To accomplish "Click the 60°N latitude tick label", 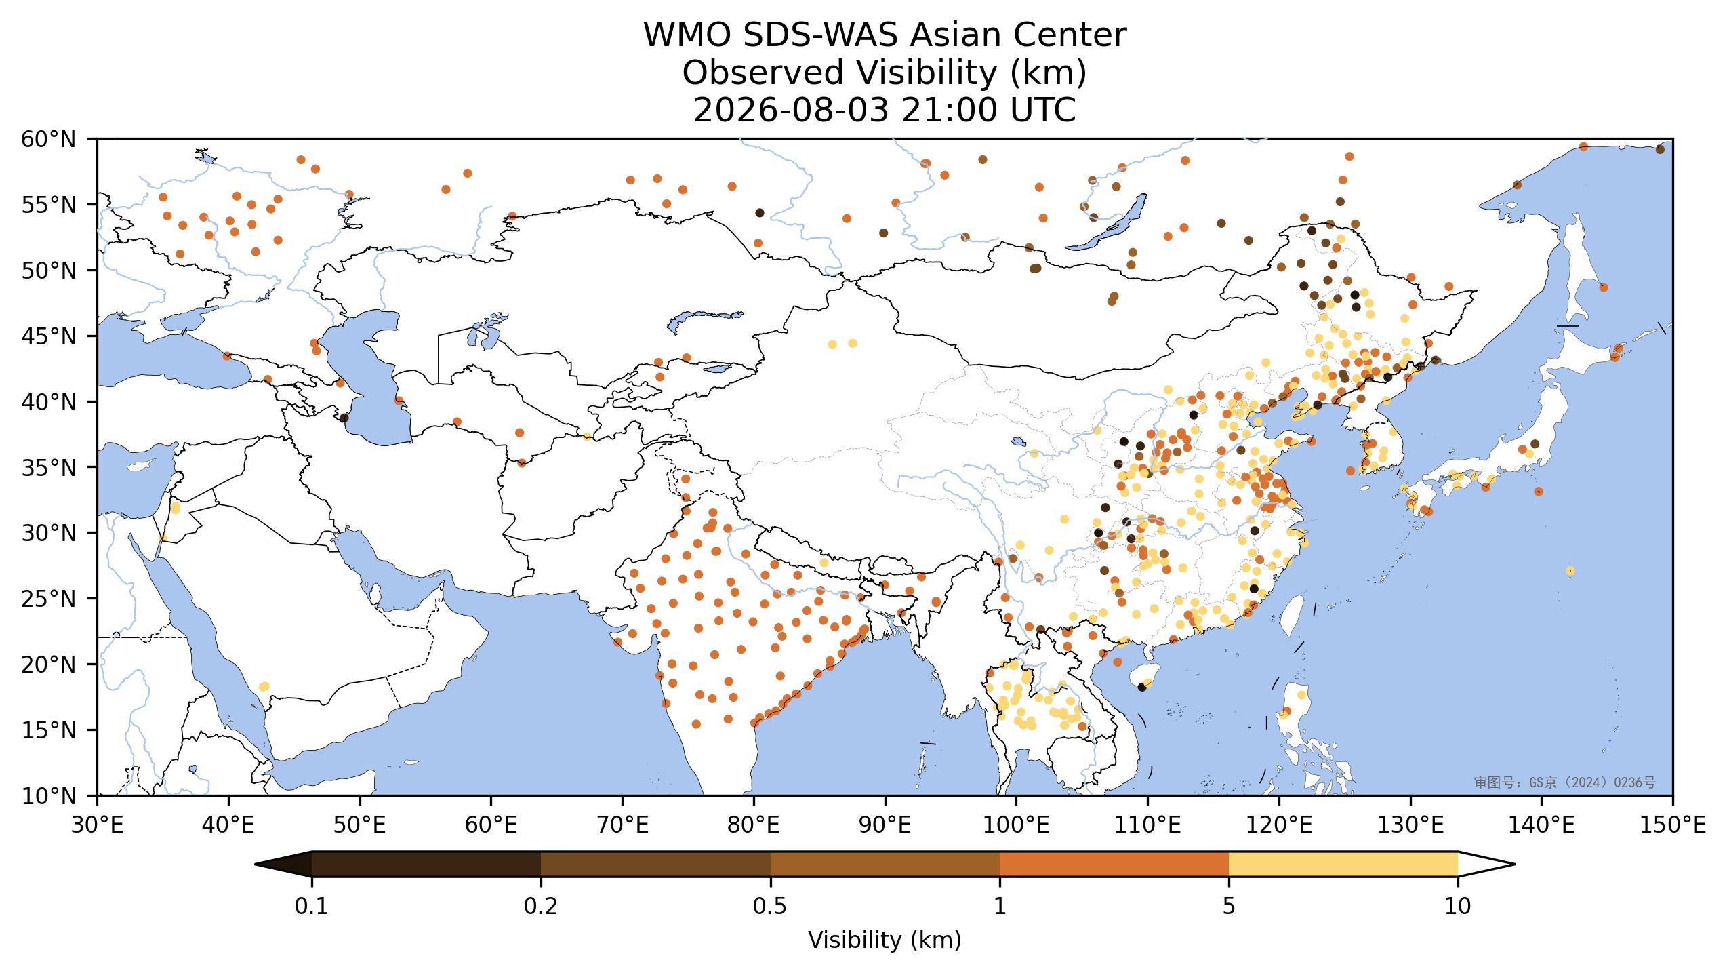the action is [x=49, y=140].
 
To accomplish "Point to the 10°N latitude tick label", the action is [x=49, y=796].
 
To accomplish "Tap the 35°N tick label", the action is [x=49, y=468].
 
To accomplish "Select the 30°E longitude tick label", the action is [x=98, y=825].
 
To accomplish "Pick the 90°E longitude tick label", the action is [x=885, y=825].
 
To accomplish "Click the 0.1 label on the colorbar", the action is [x=312, y=907].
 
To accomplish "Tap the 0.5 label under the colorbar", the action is [x=770, y=907].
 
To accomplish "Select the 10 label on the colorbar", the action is [x=1458, y=907].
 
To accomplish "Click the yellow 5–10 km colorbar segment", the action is [x=1343, y=865].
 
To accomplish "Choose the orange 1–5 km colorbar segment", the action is [x=1114, y=865].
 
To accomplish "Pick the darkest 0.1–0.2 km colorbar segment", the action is [x=426, y=865].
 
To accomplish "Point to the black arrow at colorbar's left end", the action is [x=284, y=865].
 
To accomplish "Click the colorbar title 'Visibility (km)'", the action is [x=885, y=940].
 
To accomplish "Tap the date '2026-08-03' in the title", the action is [x=790, y=111].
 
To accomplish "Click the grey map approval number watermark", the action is [x=1565, y=782].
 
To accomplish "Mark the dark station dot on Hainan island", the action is [x=1142, y=687].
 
